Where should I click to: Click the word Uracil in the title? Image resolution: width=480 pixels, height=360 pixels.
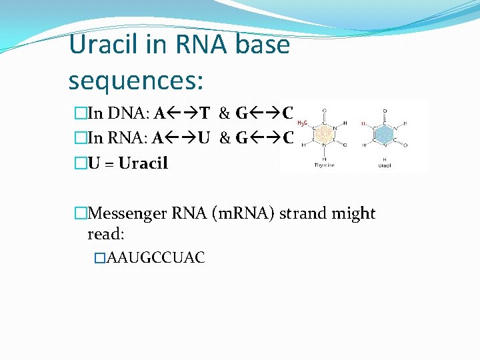[103, 45]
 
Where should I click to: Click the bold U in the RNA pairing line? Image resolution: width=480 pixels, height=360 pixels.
[205, 138]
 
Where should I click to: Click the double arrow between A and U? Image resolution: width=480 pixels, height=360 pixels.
[181, 138]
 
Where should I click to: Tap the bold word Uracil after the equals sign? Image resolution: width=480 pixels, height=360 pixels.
[143, 163]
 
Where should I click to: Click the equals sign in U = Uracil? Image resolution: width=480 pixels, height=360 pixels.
[109, 163]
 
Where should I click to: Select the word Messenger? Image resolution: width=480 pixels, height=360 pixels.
[127, 213]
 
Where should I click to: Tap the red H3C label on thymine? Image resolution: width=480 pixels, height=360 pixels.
[301, 123]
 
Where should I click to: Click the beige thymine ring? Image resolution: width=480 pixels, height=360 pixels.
[325, 135]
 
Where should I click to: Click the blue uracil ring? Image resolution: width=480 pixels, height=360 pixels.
[384, 135]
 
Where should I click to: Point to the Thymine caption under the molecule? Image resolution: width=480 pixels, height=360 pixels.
[325, 165]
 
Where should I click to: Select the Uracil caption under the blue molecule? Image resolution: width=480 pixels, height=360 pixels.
[385, 165]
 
